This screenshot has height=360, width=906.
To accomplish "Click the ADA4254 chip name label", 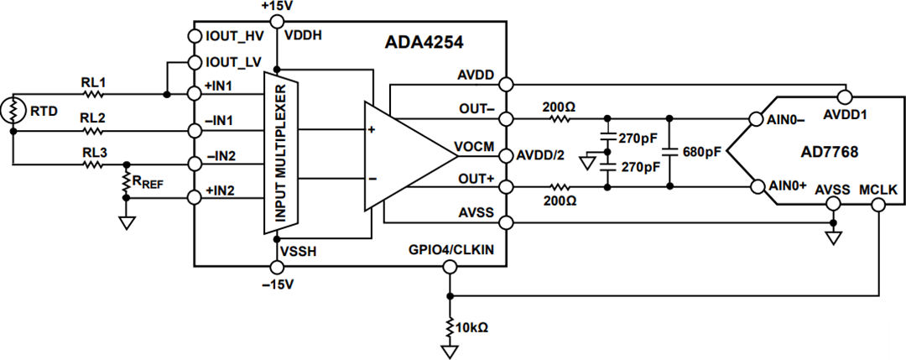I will click(425, 40).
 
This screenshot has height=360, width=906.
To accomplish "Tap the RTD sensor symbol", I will click(13, 110).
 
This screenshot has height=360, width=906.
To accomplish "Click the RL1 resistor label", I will click(92, 83).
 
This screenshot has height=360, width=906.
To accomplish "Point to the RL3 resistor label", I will click(92, 153).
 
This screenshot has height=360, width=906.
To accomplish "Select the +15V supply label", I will click(277, 7).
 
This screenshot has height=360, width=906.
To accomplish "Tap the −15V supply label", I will click(277, 284).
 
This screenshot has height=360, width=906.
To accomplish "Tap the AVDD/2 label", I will click(542, 155).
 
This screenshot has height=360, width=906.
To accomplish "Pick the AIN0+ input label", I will click(787, 185).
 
